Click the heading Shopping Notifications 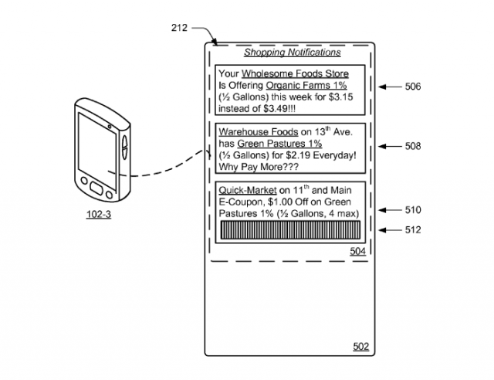coord(292,53)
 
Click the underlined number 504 coord(357,251)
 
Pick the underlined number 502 coord(360,346)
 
